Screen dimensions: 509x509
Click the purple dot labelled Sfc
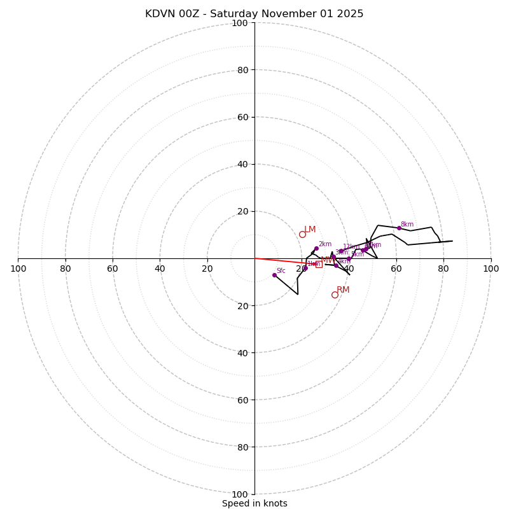tap(274, 275)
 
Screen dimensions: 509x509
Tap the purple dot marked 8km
tap(400, 228)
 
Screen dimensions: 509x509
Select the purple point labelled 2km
tap(316, 248)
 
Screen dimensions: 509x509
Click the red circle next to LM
tap(302, 234)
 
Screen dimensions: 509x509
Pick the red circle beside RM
tap(335, 295)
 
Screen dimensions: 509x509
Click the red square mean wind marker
tap(319, 264)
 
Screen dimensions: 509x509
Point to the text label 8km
tap(407, 224)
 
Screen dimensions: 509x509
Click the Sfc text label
tap(281, 271)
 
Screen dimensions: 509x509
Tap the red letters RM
tap(343, 290)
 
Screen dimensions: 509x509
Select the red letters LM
tap(310, 230)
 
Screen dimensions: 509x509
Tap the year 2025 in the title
tap(350, 14)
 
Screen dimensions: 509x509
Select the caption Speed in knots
tap(254, 503)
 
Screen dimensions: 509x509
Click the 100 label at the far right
tap(491, 268)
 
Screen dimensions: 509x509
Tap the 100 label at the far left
tap(18, 268)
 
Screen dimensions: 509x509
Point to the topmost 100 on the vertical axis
tap(240, 23)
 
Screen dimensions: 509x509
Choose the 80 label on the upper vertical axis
tap(242, 70)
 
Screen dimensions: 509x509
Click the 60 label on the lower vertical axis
tap(242, 400)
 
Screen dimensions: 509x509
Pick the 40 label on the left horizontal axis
tap(160, 268)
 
